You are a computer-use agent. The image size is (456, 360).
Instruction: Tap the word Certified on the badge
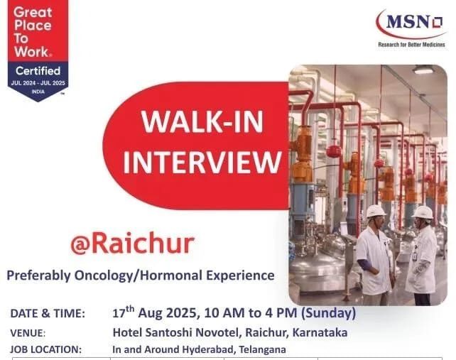[x=39, y=72]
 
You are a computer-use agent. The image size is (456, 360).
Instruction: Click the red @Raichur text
[x=132, y=244]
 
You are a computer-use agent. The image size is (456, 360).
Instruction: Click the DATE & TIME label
[x=48, y=313]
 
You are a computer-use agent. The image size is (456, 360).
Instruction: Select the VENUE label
[x=28, y=332]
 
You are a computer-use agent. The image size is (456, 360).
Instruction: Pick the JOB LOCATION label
[x=46, y=349]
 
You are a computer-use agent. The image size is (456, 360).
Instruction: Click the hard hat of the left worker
[x=376, y=211]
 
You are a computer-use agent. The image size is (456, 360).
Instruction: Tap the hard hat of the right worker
[x=423, y=212]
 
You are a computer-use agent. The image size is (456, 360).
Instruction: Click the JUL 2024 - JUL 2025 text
[x=39, y=83]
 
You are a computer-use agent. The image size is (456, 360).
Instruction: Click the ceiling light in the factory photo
[x=424, y=70]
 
